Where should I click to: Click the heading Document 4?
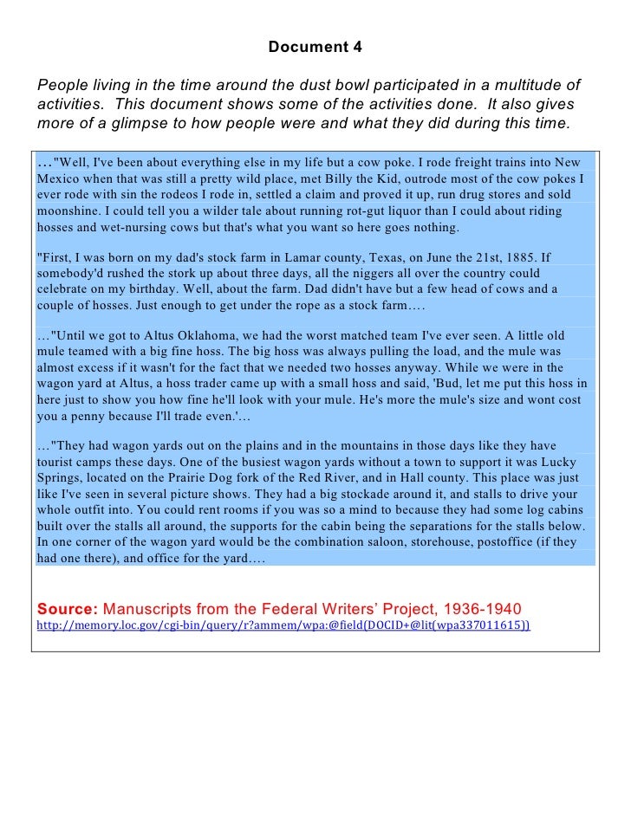point(315,47)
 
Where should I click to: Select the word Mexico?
point(58,179)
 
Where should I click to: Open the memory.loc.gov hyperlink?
point(283,624)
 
